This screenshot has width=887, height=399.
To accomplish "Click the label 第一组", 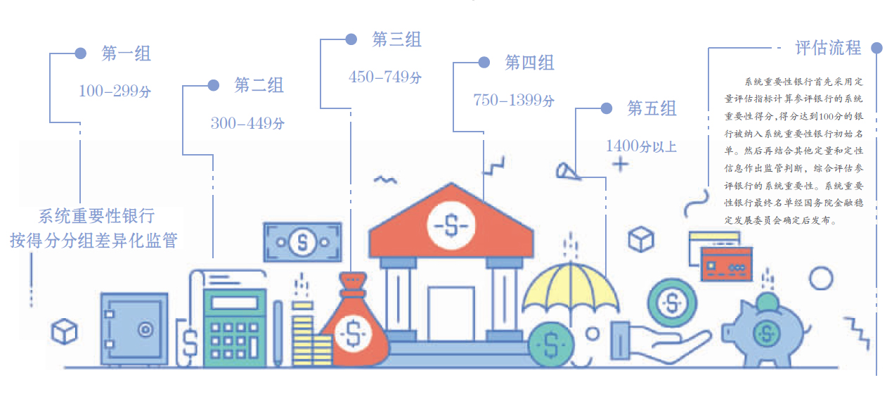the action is pos(126,53).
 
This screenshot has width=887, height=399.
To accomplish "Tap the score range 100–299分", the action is pos(115,91).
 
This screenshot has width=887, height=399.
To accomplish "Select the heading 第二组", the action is pos(259,85).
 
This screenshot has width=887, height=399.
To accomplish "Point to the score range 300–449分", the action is pos(247,123).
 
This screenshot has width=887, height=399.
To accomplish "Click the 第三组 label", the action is pos(397,39).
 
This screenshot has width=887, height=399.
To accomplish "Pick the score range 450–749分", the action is pos(385,77).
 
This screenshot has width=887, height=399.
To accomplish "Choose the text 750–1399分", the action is pos(514,100).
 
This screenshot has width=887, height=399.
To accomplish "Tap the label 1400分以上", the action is pos(641,146).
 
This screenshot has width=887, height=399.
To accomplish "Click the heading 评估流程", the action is pos(829,48).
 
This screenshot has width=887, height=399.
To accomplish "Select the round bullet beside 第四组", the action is pos(484,62).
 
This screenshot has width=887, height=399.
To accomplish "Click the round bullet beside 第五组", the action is pos(607,108).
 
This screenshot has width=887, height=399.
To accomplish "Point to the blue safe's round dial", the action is pos(145,329).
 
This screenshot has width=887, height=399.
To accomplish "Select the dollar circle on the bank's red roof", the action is pos(451,225).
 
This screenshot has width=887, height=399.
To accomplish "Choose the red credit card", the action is pos(727,264).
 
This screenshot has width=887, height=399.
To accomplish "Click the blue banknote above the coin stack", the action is pos(302,242).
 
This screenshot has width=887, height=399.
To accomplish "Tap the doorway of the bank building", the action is pos(451,314).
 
